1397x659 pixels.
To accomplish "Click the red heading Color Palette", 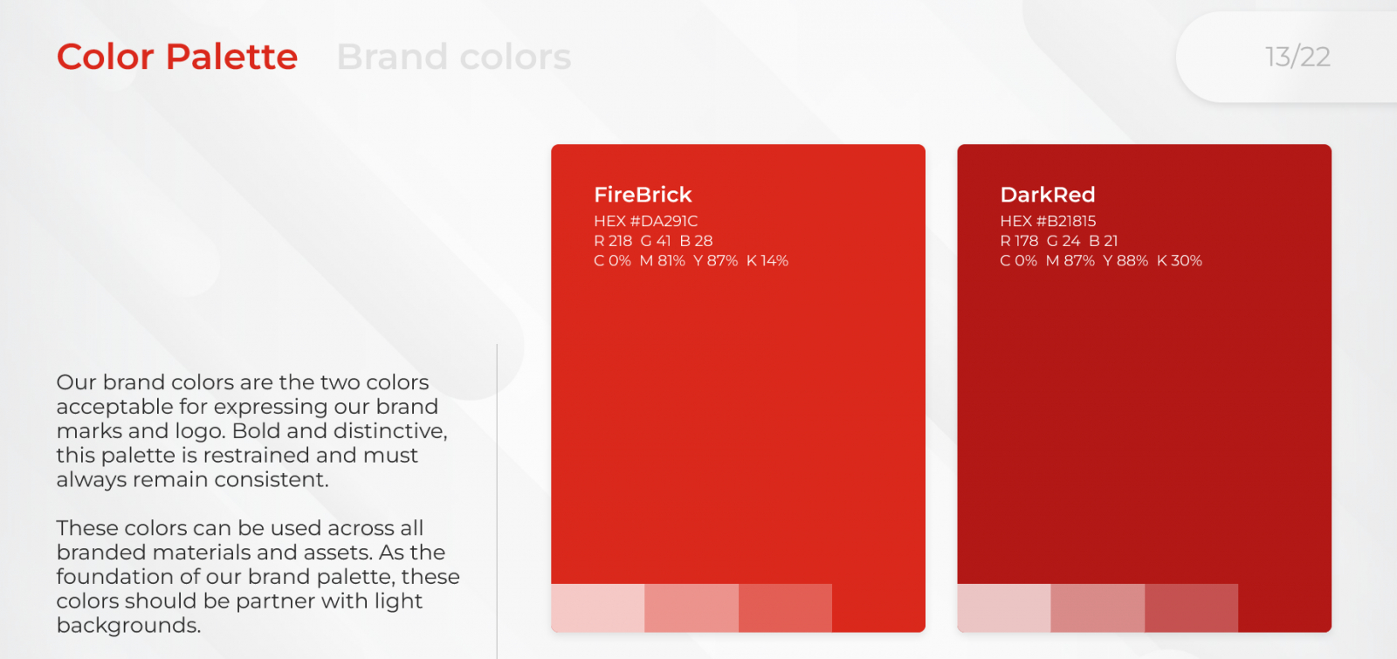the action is click(177, 57).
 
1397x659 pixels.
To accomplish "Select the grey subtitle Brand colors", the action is click(453, 57).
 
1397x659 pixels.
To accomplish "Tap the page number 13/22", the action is click(1297, 58).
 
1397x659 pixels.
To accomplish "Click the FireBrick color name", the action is click(643, 195).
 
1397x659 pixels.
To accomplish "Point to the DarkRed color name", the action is click(1048, 195).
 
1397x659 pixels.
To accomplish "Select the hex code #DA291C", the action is click(664, 221).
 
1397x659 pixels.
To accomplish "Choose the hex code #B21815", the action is click(1066, 221).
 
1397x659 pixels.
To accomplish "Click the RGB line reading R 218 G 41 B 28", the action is click(653, 241).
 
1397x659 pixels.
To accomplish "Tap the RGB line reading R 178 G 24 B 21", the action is click(1059, 241).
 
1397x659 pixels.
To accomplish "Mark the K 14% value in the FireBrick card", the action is click(767, 261).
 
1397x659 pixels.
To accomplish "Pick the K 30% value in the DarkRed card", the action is click(1180, 261).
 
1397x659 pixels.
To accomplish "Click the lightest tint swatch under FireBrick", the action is click(597, 608).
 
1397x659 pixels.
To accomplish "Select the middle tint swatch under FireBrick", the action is click(692, 608).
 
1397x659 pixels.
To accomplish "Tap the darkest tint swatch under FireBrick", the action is click(785, 608).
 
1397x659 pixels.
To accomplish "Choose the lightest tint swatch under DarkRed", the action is click(1004, 608).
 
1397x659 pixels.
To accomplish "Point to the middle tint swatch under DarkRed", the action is click(1098, 608).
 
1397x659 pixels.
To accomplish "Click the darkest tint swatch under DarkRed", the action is click(1191, 608).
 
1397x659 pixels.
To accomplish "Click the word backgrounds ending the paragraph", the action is click(128, 625).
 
